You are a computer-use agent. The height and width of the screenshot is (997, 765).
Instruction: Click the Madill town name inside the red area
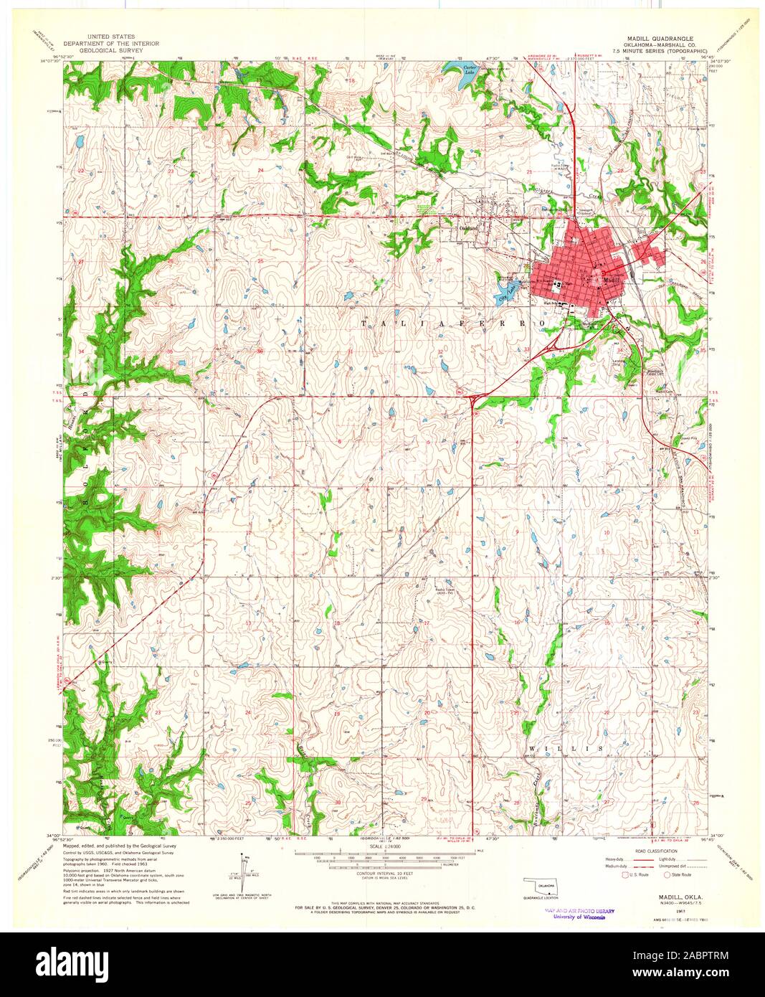pos(612,280)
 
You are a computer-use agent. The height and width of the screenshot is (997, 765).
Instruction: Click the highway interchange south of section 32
pos(473,395)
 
